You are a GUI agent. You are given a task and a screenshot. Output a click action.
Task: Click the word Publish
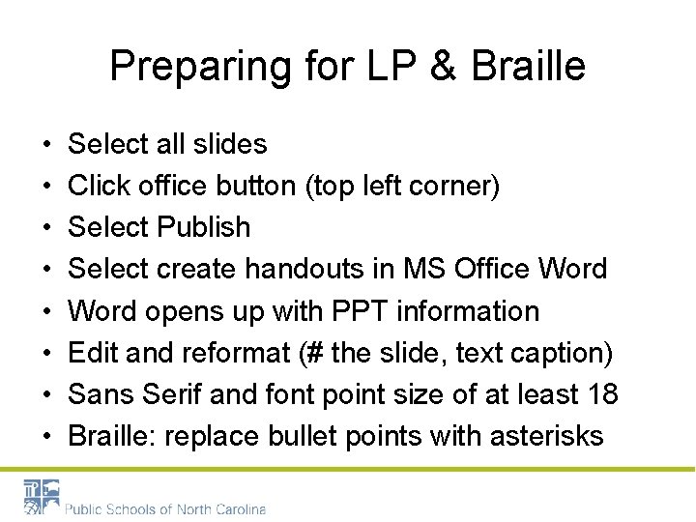[204, 227]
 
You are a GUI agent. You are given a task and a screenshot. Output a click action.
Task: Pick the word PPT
[353, 311]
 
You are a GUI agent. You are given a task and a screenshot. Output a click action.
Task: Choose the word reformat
[232, 353]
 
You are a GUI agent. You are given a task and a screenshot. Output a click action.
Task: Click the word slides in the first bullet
[232, 144]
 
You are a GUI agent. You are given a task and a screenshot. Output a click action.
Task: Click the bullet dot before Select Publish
[47, 228]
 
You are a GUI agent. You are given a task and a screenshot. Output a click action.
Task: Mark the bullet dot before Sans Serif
[47, 395]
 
